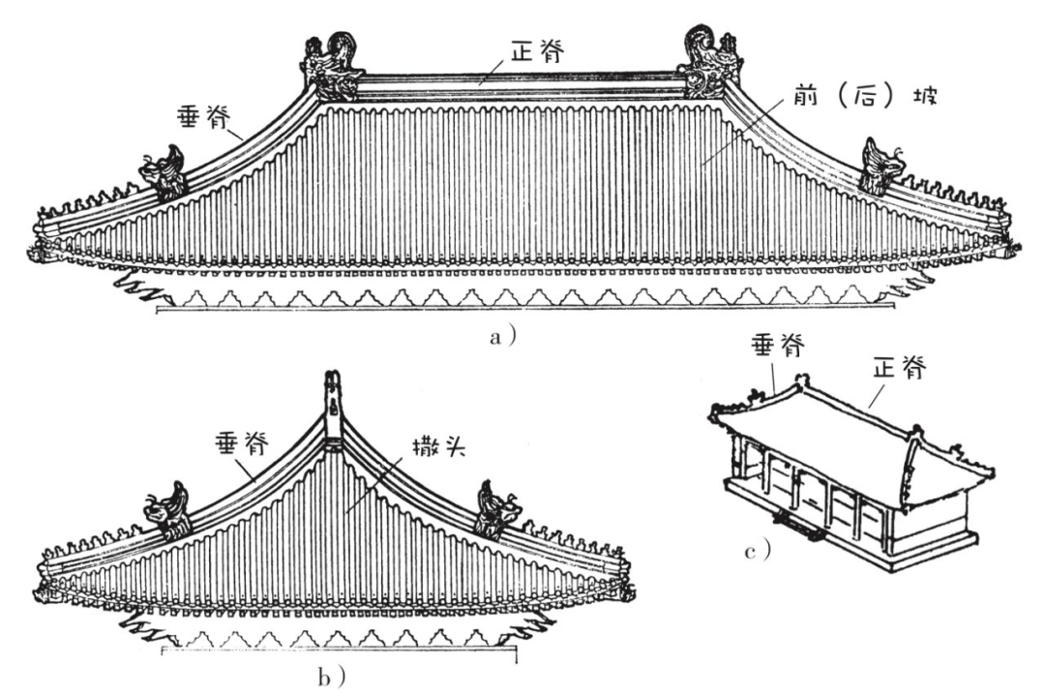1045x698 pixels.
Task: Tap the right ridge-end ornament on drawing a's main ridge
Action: tap(710, 63)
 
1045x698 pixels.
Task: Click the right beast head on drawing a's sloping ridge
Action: tap(881, 166)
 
